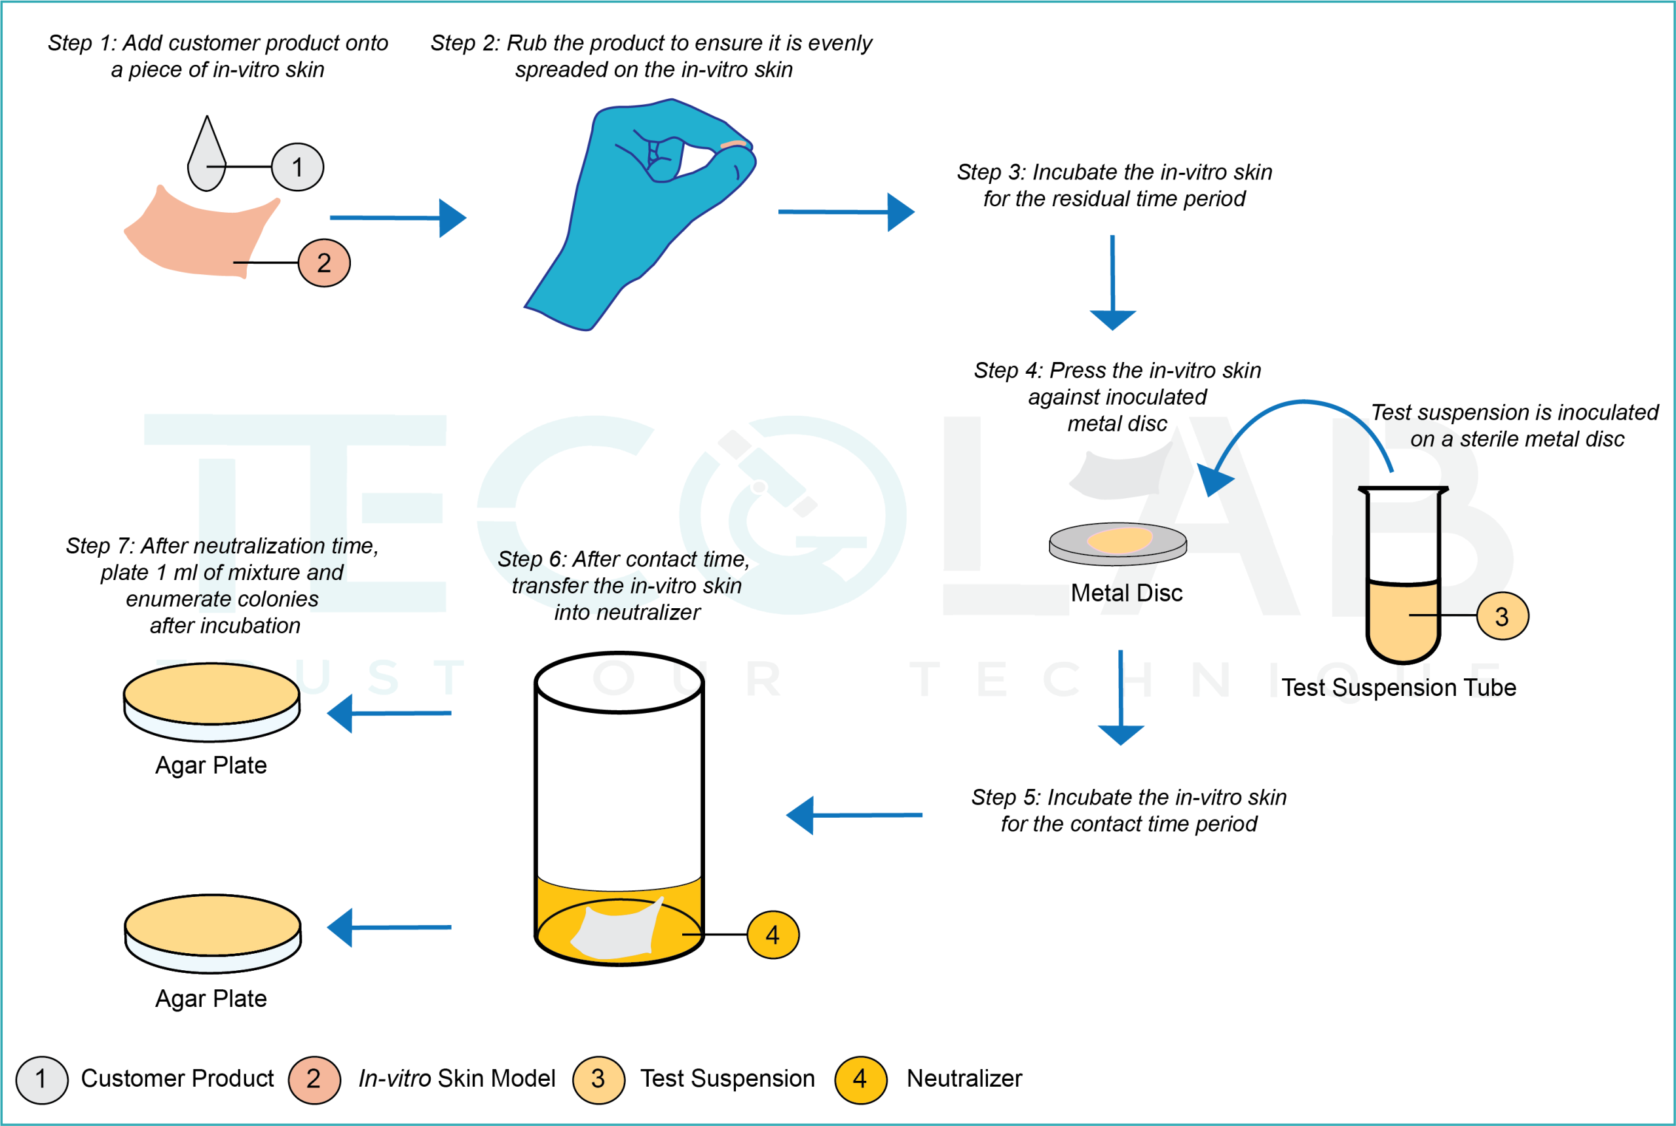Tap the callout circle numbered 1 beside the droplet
[x=297, y=168]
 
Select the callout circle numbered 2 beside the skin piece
[x=324, y=263]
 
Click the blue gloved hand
[x=632, y=215]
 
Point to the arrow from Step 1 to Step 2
[x=399, y=217]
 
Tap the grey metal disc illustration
[x=1118, y=543]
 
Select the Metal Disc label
[x=1126, y=593]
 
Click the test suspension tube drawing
[x=1402, y=575]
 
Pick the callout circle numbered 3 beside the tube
[x=1503, y=616]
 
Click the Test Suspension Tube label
[x=1399, y=688]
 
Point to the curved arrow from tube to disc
[x=1292, y=416]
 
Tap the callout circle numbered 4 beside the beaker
[x=773, y=935]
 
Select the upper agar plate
[x=212, y=701]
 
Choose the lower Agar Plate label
[x=211, y=999]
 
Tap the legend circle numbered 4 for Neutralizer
[x=860, y=1080]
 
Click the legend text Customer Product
[x=177, y=1079]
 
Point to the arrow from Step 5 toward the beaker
[x=854, y=816]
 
